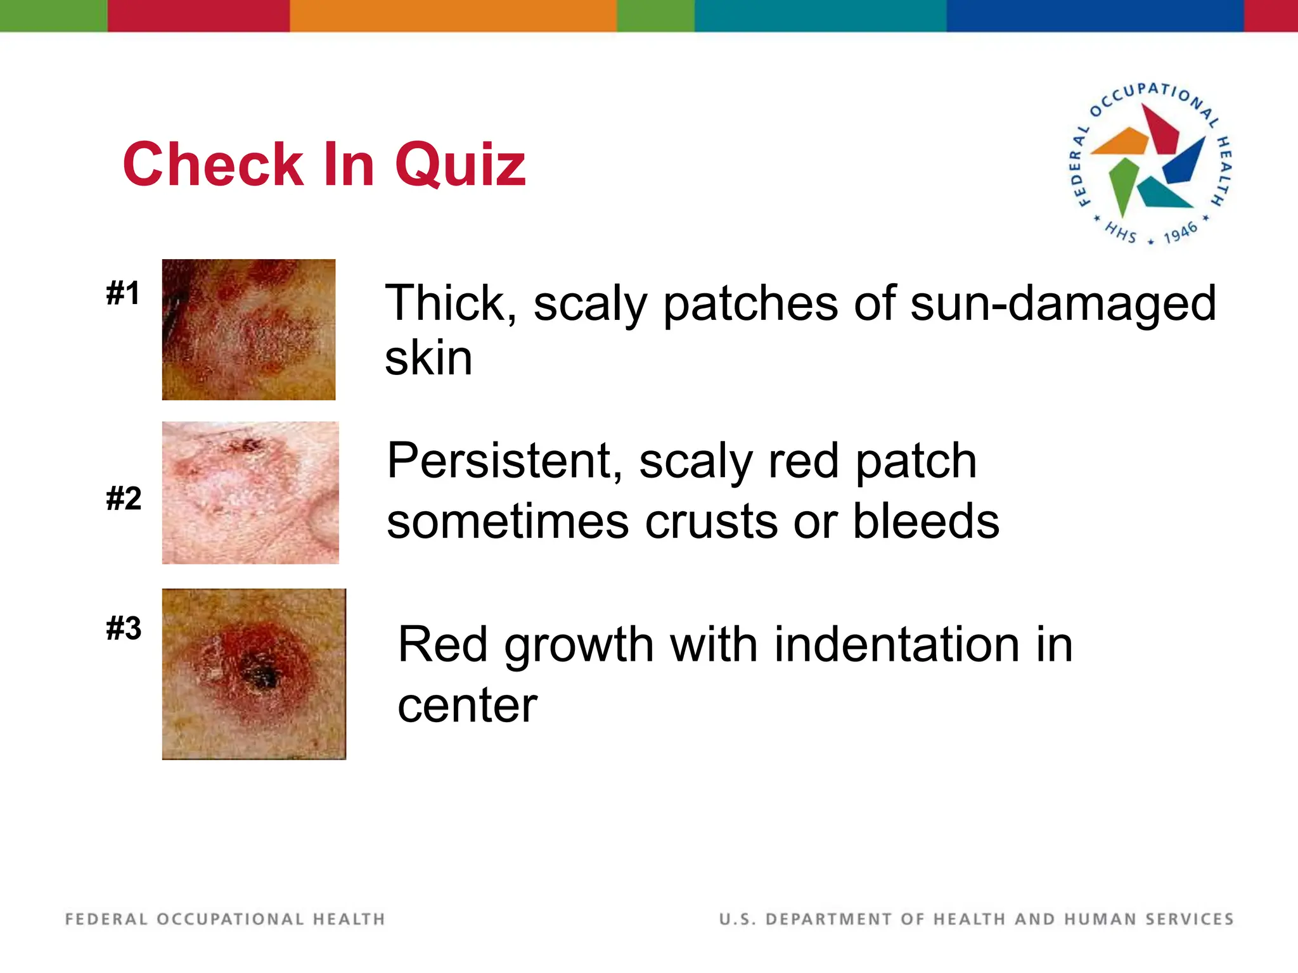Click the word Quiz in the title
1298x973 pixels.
coord(460,166)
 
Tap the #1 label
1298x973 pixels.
coord(123,293)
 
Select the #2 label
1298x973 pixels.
coord(124,499)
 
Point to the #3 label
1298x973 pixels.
coord(124,628)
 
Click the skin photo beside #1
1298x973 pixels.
coord(248,329)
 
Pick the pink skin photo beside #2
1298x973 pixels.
coord(250,493)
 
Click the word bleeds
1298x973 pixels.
coord(926,521)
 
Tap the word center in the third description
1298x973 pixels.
coord(467,706)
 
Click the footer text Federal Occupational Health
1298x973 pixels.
coord(225,919)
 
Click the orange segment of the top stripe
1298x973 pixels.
coord(453,15)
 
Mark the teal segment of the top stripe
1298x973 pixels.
coord(820,15)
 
